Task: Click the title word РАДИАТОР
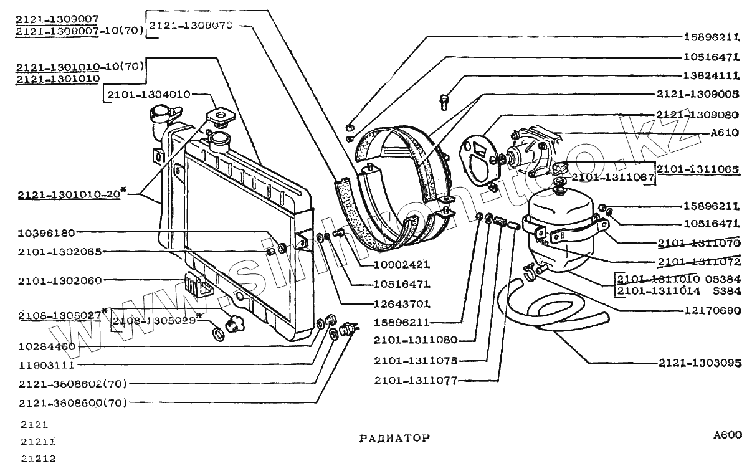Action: pyautogui.click(x=394, y=437)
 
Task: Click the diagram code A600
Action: pyautogui.click(x=728, y=435)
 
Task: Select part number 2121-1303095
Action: pyautogui.click(x=700, y=363)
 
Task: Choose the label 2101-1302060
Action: pyautogui.click(x=60, y=280)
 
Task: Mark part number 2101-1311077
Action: pyautogui.click(x=416, y=379)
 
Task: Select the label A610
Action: pyautogui.click(x=725, y=133)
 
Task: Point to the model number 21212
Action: pyautogui.click(x=38, y=459)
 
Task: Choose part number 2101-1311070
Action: pyautogui.click(x=698, y=243)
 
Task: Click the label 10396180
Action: pyautogui.click(x=47, y=233)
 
